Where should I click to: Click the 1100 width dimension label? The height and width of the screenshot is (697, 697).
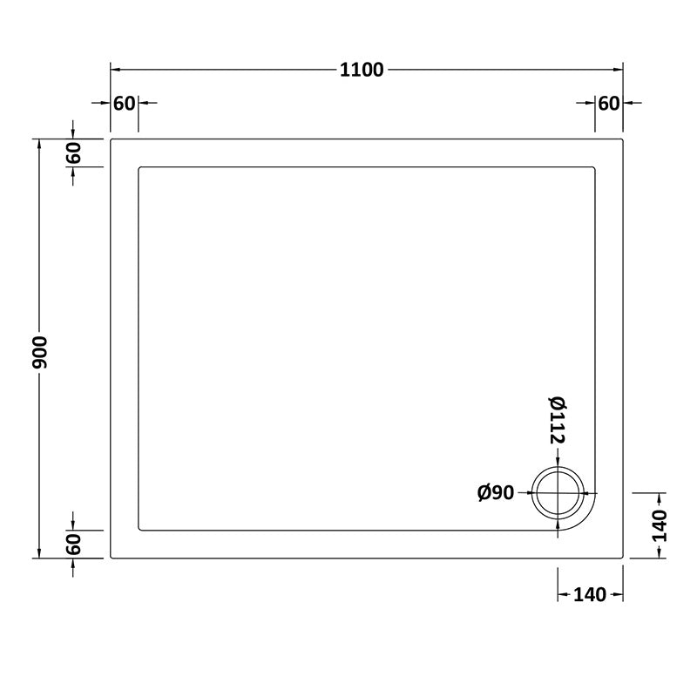pyautogui.click(x=362, y=70)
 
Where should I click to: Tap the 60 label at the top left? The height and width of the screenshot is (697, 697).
pyautogui.click(x=125, y=103)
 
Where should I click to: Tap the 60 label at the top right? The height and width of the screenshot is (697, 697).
pyautogui.click(x=608, y=103)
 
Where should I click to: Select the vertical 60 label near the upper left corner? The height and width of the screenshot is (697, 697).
pyautogui.click(x=73, y=152)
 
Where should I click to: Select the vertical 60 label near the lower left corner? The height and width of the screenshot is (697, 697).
pyautogui.click(x=73, y=545)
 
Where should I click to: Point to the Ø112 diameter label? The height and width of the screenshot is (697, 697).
pyautogui.click(x=558, y=420)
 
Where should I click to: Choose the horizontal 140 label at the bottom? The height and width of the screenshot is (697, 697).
pyautogui.click(x=590, y=595)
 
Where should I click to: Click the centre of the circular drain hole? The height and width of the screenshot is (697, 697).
pyautogui.click(x=558, y=493)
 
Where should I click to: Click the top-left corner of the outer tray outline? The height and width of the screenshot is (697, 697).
pyautogui.click(x=111, y=139)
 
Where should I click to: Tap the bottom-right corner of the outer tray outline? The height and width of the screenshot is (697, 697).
pyautogui.click(x=624, y=558)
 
